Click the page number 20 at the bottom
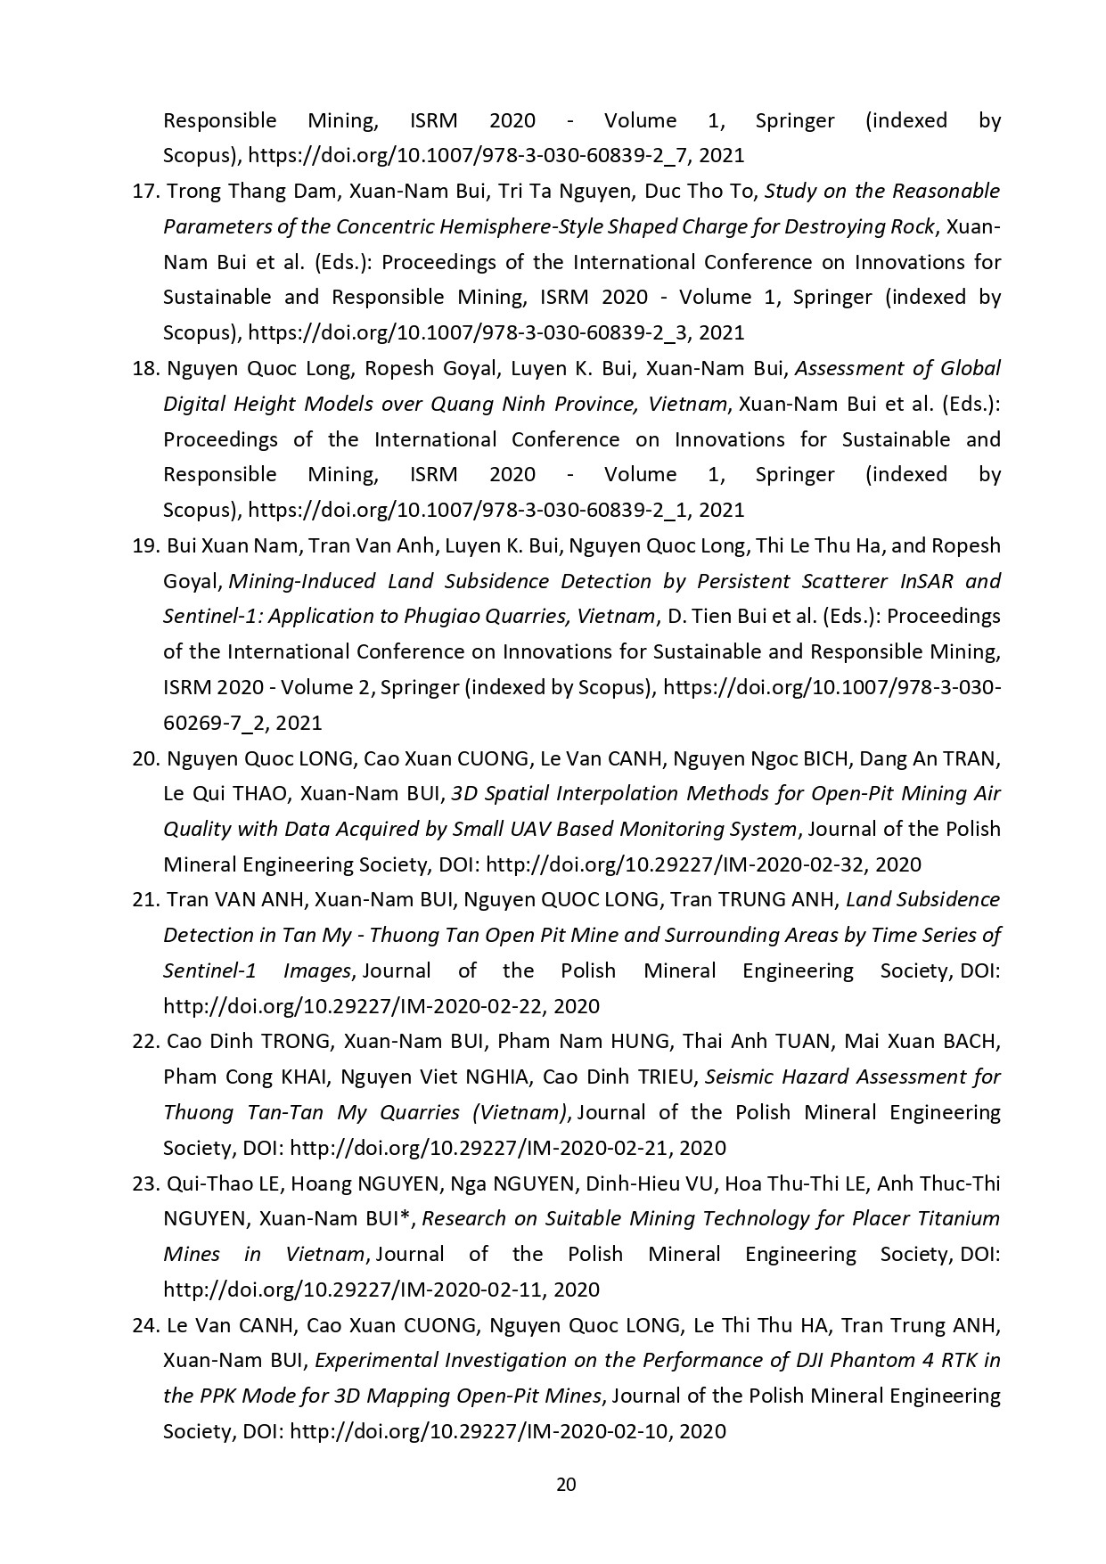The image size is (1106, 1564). pos(566,1484)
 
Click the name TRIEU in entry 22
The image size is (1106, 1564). pos(665,1077)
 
